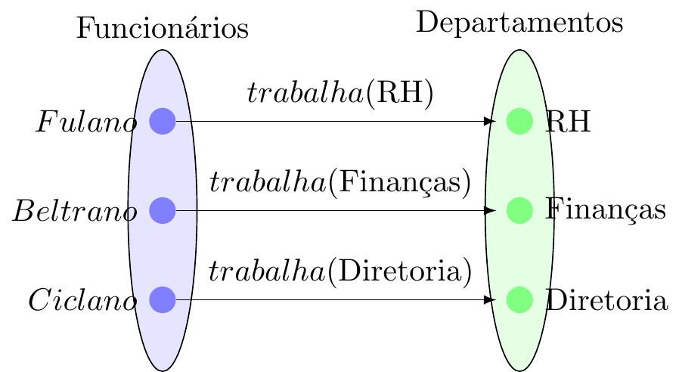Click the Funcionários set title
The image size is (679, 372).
pos(163,29)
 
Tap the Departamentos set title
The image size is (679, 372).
pos(519,23)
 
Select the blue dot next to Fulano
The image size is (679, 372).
pos(163,121)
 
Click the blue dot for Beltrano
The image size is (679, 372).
pos(163,210)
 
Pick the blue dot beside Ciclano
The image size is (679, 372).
pos(163,300)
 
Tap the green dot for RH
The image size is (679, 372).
pos(519,121)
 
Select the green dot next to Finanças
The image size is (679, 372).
pos(519,210)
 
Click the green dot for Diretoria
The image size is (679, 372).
pos(519,300)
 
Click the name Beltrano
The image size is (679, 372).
pos(74,212)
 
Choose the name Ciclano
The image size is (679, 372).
pos(82,301)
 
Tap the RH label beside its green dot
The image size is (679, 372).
pos(568,122)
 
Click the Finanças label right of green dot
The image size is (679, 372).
pos(605,211)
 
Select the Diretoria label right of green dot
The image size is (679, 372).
pos(606,301)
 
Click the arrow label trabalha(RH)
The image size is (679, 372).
pos(340,94)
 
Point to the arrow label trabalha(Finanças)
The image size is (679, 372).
pos(340,183)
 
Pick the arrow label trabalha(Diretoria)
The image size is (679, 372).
pos(340,272)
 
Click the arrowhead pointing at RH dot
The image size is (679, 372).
pos(490,121)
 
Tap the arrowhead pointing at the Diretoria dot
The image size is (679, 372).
pos(490,300)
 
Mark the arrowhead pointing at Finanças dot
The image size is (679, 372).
pos(490,210)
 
